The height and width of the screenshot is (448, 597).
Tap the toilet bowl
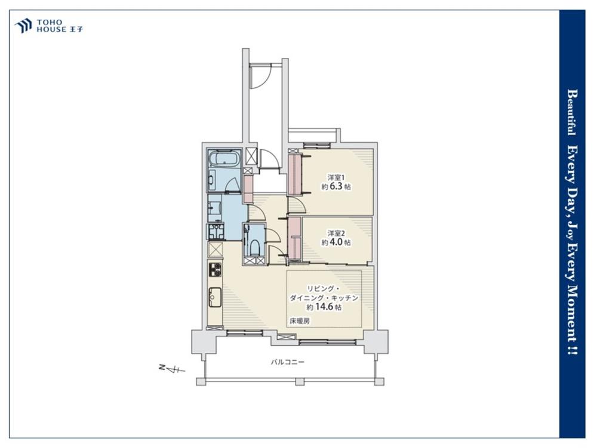[x=254, y=248]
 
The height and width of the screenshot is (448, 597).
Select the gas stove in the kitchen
[x=215, y=269]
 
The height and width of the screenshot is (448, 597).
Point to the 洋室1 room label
[x=336, y=177]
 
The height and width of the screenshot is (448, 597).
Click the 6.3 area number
[x=337, y=186]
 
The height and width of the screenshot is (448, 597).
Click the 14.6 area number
[x=325, y=307]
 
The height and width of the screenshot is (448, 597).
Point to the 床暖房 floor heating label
[x=300, y=321]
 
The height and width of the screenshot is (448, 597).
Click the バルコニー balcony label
[x=288, y=362]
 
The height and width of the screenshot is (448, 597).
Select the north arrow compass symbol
[x=171, y=369]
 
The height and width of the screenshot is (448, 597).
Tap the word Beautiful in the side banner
[x=571, y=112]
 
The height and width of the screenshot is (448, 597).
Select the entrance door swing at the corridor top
[x=260, y=76]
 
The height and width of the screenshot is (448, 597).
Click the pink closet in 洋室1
[x=294, y=174]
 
